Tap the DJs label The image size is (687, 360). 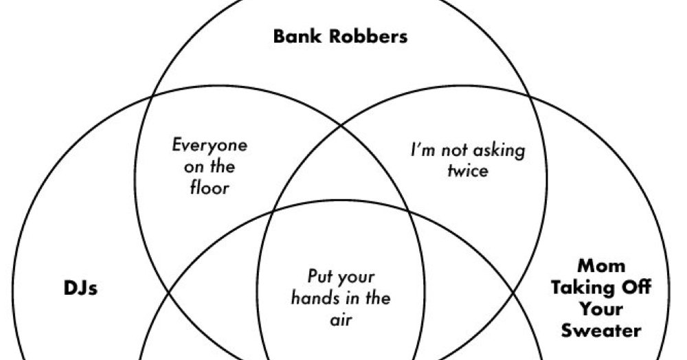tap(76, 288)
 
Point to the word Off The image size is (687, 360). tap(634, 286)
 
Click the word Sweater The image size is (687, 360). tap(601, 330)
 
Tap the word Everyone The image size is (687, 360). tap(209, 146)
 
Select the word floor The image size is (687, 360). tap(209, 187)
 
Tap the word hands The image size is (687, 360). tap(313, 299)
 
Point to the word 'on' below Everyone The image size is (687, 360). tap(187, 167)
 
